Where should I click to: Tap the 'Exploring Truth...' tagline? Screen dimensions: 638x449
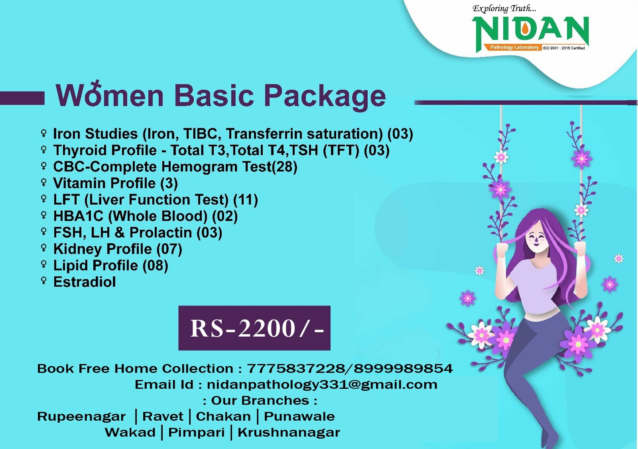(504, 9)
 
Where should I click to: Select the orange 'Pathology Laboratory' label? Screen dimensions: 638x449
(514, 47)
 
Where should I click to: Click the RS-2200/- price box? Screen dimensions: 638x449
(254, 328)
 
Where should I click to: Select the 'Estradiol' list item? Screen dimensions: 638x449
(85, 282)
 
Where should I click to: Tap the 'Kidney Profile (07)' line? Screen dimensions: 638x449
(118, 249)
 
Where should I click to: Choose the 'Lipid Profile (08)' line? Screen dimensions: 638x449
(111, 266)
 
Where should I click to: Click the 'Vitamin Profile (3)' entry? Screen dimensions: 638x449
(115, 183)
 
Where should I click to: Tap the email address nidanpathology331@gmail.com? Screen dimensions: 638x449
(322, 385)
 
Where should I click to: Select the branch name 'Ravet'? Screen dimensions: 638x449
(163, 416)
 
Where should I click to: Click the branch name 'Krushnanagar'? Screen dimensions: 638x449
(289, 432)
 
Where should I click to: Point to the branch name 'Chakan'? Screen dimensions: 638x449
(223, 416)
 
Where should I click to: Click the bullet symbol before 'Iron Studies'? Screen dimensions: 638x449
(43, 133)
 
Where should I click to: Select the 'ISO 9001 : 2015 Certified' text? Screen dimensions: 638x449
(564, 48)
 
